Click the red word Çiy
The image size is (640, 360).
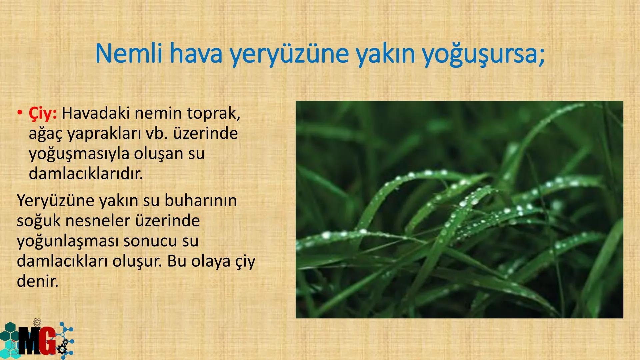pyautogui.click(x=43, y=114)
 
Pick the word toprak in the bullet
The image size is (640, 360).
pyautogui.click(x=213, y=114)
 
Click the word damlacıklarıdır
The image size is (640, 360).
pyautogui.click(x=86, y=174)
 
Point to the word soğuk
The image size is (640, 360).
pyautogui.click(x=38, y=221)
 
